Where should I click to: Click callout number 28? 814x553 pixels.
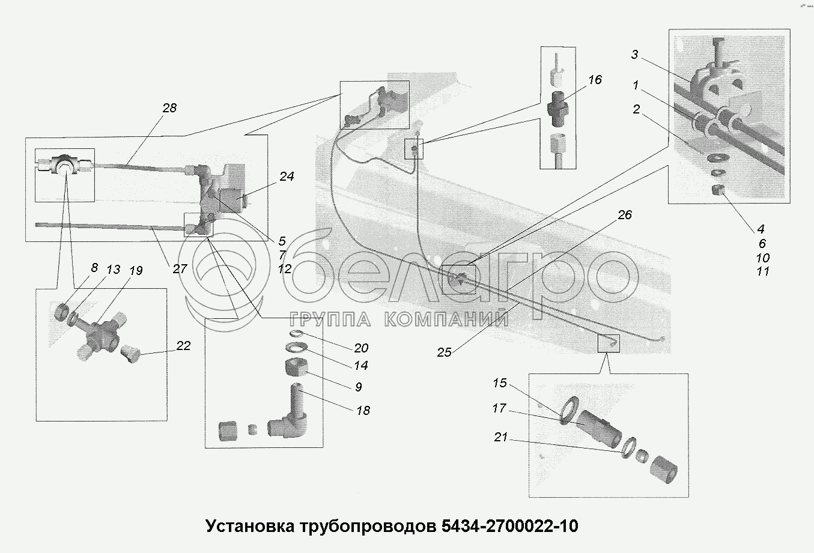point(169,108)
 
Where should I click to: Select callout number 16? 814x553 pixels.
point(595,79)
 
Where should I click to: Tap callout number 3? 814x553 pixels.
point(634,55)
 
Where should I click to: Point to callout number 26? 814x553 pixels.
point(625,214)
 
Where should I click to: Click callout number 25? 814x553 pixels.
point(444,352)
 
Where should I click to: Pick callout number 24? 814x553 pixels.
point(287,176)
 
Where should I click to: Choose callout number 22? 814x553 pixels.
point(183,345)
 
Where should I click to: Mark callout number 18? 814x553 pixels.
point(363,410)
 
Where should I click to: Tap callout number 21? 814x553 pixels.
point(501,437)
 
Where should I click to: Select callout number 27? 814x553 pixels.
point(180,268)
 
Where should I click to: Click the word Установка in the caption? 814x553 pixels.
point(251,526)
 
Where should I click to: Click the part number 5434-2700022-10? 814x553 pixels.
point(510,526)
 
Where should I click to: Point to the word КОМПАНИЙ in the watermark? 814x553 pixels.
point(446,319)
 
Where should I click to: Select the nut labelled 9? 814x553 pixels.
point(296,367)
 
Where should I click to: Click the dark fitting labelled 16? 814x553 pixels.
point(556,109)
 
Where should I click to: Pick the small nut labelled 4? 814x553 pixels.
point(718,190)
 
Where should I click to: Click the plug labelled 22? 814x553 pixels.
point(130,353)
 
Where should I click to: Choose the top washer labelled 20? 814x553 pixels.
point(297,334)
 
